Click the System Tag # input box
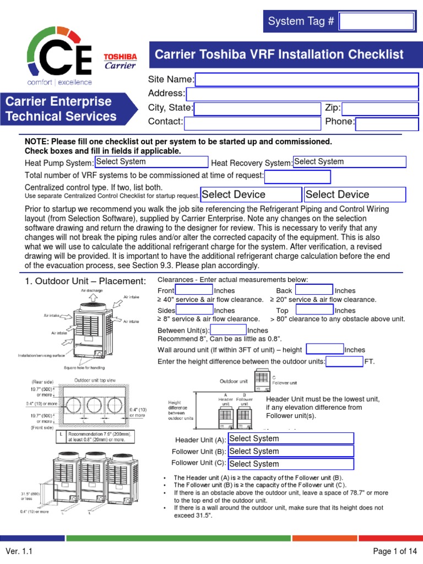tap(376, 21)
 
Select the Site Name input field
tap(307, 80)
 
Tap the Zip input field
tap(380, 109)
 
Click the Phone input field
tap(387, 123)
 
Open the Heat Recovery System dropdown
tap(349, 162)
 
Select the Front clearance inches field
tap(193, 290)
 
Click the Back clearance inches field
tap(314, 290)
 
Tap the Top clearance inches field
tap(314, 311)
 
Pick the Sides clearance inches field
tap(194, 311)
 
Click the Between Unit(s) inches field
tap(225, 330)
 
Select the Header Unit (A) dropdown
tap(290, 438)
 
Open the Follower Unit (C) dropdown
tap(290, 464)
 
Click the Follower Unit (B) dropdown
tap(290, 451)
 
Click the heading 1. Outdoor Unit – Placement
tap(85, 281)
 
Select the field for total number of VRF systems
tap(297, 177)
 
